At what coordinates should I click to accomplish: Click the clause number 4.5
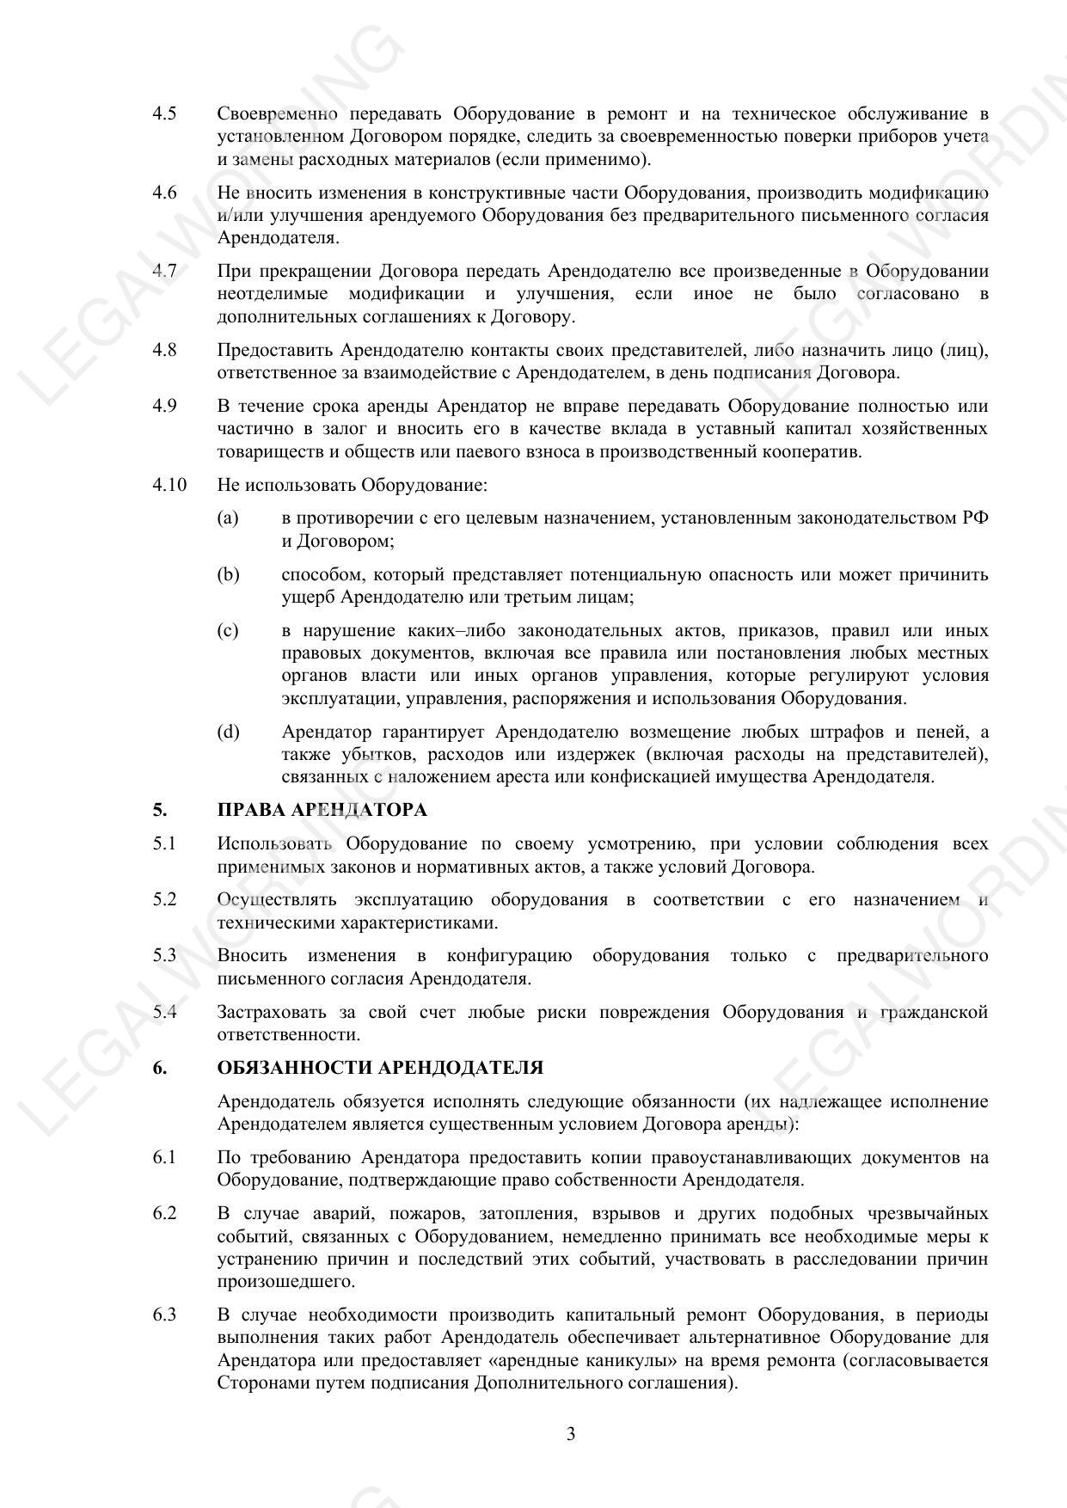[164, 114]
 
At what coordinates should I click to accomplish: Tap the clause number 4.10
[169, 485]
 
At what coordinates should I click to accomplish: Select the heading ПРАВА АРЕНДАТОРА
[322, 810]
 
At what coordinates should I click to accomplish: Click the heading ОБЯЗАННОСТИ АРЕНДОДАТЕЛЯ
[380, 1068]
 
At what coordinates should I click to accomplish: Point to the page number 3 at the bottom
[571, 1434]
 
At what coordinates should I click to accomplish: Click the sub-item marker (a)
[228, 518]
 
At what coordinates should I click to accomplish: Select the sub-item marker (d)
[228, 733]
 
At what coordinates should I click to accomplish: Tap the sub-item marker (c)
[228, 631]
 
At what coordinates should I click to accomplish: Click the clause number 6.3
[164, 1315]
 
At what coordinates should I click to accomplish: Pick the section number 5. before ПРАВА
[160, 810]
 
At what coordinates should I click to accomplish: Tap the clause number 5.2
[164, 900]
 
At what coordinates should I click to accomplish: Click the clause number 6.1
[164, 1157]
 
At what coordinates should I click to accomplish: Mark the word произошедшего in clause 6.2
[274, 1282]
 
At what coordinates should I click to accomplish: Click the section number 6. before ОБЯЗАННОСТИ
[160, 1068]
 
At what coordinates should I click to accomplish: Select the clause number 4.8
[164, 350]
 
